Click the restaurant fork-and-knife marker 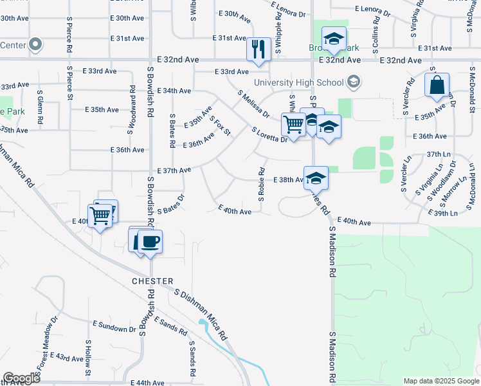point(259,49)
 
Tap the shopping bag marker point(437,86)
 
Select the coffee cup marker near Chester point(150,242)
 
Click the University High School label point(298,82)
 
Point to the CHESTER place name point(153,281)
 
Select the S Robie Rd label point(262,185)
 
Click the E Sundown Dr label point(114,326)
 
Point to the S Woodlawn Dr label point(444,180)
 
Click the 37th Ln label point(439,155)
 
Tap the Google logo point(21,378)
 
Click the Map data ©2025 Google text point(440,381)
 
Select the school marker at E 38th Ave point(316,178)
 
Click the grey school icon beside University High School point(353,82)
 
